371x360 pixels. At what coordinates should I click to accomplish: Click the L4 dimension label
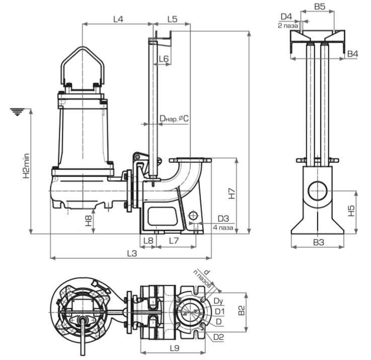pyautogui.click(x=118, y=19)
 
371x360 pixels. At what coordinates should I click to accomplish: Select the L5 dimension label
pyautogui.click(x=172, y=19)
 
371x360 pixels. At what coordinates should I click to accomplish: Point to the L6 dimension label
pyautogui.click(x=163, y=59)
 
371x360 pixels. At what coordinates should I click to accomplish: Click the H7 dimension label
pyautogui.click(x=231, y=194)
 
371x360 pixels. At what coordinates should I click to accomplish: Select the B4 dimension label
pyautogui.click(x=352, y=53)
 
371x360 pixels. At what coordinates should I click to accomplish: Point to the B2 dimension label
pyautogui.click(x=241, y=311)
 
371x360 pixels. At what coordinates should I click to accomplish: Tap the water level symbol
pyautogui.click(x=18, y=112)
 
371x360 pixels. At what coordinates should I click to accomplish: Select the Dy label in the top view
pyautogui.click(x=218, y=301)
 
